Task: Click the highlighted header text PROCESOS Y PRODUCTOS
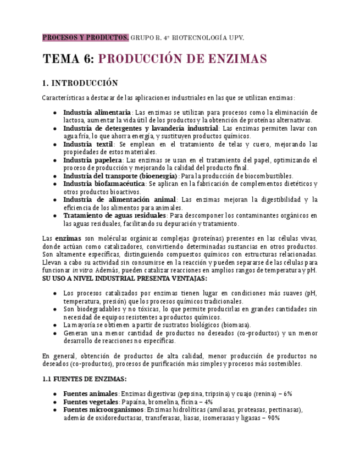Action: coord(86,37)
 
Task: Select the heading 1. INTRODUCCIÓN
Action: coord(80,83)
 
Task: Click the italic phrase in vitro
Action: coord(82,270)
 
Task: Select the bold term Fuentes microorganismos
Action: coord(103,410)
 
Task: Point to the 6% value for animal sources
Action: coord(287,394)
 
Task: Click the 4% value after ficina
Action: coord(208,402)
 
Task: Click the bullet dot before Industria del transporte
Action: coord(54,176)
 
